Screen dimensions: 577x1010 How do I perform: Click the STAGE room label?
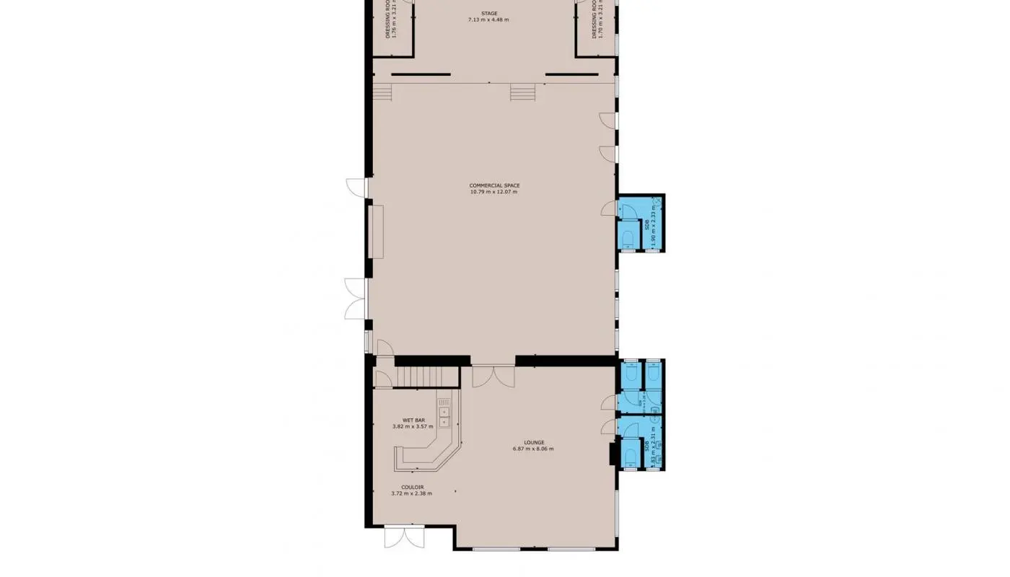489,13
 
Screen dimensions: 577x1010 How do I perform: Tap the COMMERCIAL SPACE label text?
494,185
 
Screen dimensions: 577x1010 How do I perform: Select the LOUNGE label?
534,442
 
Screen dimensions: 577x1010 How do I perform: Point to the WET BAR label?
413,420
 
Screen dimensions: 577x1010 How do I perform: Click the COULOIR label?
412,487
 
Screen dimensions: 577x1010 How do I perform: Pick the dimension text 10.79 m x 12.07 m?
493,192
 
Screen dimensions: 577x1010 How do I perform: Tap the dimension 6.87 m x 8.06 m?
533,449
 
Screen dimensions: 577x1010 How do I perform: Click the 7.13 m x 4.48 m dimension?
488,19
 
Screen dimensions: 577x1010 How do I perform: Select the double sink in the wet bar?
444,416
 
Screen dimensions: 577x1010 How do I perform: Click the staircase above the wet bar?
429,376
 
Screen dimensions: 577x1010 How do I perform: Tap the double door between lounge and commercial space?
493,376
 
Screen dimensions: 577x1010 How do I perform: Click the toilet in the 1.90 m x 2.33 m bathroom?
627,239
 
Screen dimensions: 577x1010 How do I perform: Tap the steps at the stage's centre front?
522,92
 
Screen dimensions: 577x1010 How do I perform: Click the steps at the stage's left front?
382,92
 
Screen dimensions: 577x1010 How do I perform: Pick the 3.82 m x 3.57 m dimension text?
413,426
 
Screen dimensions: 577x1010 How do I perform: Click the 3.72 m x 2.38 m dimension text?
411,493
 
